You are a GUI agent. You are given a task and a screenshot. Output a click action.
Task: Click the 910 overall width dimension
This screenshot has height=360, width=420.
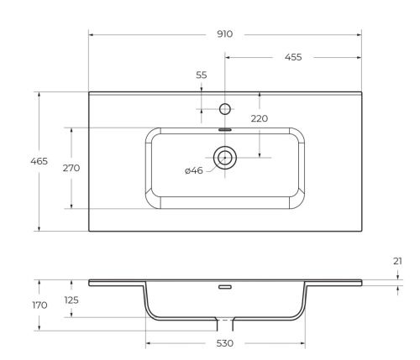224,34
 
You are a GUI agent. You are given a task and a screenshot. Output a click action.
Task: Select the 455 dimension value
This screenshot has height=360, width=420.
293,58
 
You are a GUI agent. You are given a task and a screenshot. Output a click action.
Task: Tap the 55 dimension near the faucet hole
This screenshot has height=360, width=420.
202,76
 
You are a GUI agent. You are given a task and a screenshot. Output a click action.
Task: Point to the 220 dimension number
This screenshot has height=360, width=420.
259,119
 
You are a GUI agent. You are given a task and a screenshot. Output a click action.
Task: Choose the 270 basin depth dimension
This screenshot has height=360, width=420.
71,168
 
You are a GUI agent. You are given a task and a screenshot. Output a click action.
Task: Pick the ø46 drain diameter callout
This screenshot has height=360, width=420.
193,171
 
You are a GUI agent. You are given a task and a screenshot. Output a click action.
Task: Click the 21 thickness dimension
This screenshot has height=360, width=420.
397,261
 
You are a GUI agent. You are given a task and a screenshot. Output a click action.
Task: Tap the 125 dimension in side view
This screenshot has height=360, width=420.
71,300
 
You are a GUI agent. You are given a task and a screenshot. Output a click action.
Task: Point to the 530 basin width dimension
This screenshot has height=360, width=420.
224,343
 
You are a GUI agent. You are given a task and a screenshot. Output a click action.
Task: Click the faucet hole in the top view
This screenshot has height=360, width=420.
224,108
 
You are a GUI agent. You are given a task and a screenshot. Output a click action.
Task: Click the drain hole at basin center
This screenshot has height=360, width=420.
224,156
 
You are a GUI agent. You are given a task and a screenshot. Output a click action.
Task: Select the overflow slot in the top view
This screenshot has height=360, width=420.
224,129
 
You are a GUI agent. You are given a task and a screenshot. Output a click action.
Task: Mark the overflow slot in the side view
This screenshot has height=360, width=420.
224,287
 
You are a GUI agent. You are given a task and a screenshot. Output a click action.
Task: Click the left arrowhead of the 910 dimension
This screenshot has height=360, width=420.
92,34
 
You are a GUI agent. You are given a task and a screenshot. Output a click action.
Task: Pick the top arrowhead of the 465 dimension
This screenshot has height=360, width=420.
39,94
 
